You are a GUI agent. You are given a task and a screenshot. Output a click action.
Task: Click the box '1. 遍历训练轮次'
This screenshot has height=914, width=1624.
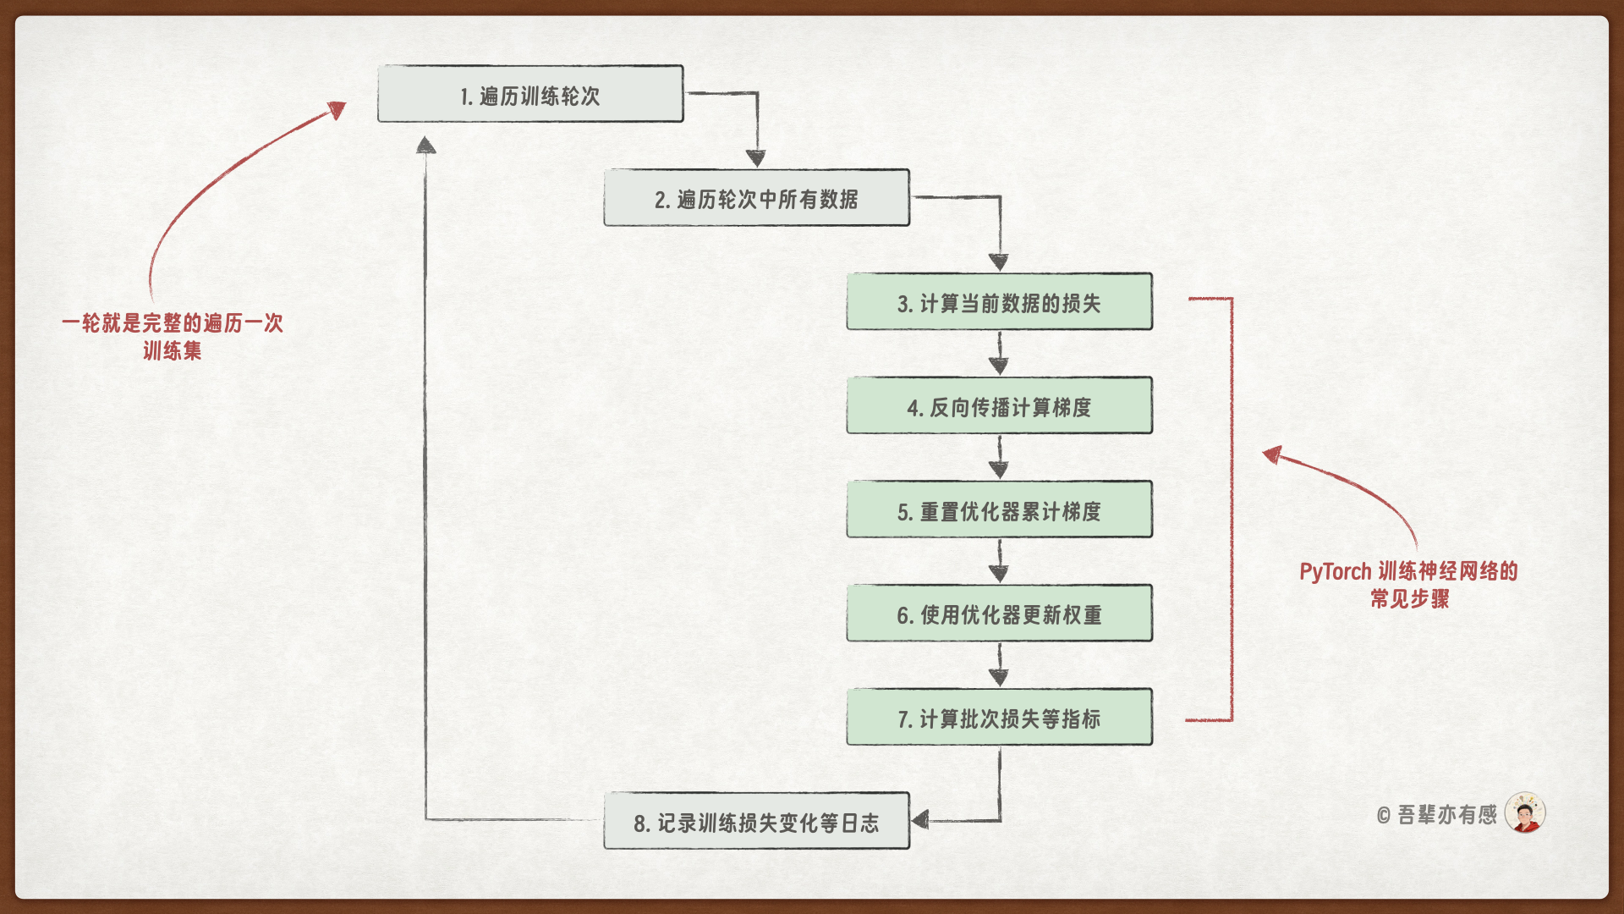(530, 94)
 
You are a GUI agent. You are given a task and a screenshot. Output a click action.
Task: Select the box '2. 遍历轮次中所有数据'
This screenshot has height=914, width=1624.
(756, 198)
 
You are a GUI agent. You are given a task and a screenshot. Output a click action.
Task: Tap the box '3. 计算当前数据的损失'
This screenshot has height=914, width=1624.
(999, 302)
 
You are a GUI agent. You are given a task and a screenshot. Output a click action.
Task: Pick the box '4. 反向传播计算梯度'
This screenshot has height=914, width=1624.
(999, 406)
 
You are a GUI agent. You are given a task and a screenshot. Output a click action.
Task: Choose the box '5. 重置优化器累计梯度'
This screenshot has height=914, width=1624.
(999, 510)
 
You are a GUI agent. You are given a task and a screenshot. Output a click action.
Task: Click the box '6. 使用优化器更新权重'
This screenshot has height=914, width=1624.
(999, 614)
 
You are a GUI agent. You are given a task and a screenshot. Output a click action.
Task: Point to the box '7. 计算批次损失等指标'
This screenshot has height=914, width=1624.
(999, 718)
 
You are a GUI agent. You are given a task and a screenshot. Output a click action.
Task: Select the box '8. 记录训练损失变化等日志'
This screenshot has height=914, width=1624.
(756, 821)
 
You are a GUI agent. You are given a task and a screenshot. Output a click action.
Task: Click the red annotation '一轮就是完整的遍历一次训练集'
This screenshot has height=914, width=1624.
(173, 336)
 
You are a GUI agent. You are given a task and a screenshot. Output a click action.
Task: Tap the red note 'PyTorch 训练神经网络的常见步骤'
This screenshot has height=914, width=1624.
(1409, 585)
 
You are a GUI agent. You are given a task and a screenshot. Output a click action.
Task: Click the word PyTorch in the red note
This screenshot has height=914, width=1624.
(1335, 572)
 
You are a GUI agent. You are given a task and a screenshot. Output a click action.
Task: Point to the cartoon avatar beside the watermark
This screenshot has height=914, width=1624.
(1525, 813)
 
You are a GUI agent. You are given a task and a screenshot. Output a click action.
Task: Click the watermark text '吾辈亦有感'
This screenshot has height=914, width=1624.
(1446, 815)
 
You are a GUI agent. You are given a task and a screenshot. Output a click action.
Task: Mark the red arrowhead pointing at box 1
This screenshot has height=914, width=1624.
(338, 110)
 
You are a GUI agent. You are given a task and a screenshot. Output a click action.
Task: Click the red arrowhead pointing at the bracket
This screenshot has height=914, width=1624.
(1271, 454)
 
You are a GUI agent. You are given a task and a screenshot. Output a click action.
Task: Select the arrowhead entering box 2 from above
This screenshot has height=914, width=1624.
(756, 158)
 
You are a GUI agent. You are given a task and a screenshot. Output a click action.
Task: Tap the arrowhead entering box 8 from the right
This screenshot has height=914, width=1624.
(920, 819)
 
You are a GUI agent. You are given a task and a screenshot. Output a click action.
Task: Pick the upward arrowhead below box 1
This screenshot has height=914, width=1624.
(426, 146)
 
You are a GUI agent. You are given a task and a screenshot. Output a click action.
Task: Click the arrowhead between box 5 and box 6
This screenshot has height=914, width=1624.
(999, 573)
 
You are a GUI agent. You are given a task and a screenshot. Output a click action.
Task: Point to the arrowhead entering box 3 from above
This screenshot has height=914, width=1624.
(999, 262)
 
